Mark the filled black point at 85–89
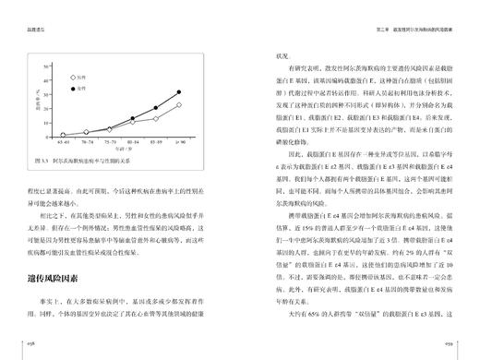(x=155, y=108)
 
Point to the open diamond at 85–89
(x=155, y=118)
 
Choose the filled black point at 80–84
(x=132, y=119)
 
